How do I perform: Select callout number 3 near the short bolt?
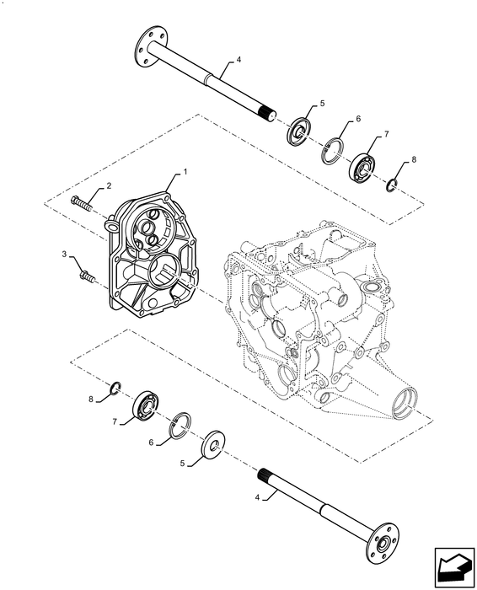coord(65,253)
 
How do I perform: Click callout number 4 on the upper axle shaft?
coord(239,60)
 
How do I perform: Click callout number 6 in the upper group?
coord(358,119)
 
